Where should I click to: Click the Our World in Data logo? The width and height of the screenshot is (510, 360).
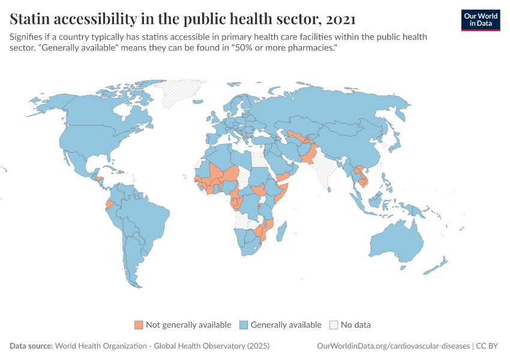(480, 20)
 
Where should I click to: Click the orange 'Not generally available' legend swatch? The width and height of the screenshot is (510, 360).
(139, 325)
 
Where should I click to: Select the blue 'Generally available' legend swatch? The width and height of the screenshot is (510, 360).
(244, 325)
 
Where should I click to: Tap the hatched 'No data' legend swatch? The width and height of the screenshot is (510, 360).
(334, 325)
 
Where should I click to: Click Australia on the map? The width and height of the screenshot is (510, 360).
(396, 240)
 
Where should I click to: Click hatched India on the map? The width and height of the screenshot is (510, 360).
(328, 171)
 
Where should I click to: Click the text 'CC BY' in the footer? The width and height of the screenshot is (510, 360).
(488, 346)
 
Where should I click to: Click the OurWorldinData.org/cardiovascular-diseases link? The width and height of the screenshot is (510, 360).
(392, 346)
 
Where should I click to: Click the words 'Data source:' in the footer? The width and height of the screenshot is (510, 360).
(31, 346)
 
